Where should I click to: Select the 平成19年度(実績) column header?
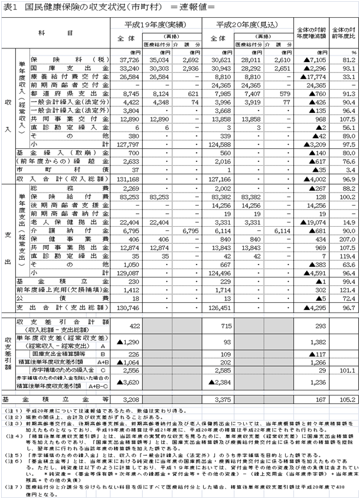148,27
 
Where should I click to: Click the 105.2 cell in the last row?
346,400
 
